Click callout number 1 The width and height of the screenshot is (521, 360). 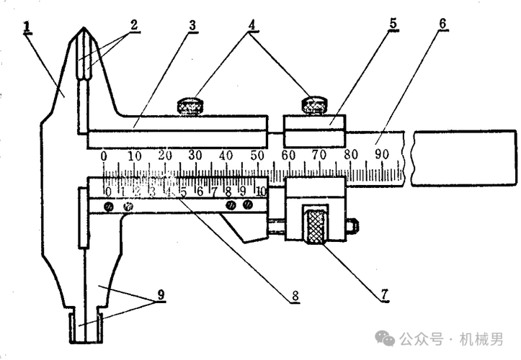[x=27, y=27]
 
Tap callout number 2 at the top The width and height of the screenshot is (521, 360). [x=134, y=23]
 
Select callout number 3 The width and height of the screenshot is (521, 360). [x=192, y=24]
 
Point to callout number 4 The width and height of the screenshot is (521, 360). [x=251, y=23]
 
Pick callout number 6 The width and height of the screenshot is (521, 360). [x=442, y=23]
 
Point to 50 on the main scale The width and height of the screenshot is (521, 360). [x=257, y=156]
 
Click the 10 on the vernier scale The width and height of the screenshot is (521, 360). [x=260, y=192]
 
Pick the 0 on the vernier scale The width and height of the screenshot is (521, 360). [x=107, y=192]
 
